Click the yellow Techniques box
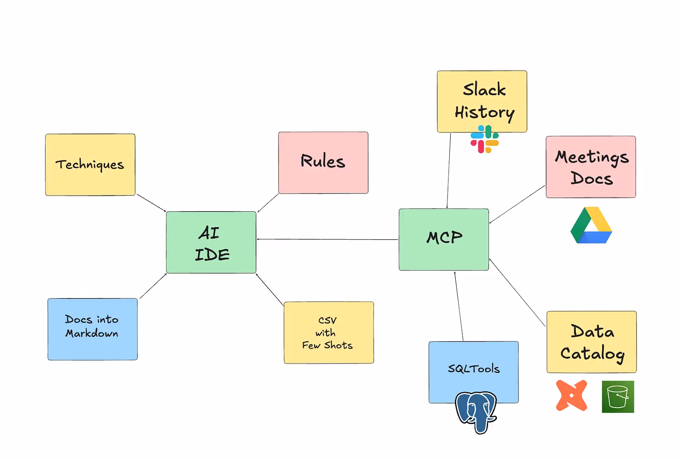[x=90, y=165]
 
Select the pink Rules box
[x=323, y=162]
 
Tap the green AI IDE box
[x=211, y=242]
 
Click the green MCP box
[x=444, y=239]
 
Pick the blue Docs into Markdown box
[x=92, y=329]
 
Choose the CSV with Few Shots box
[x=329, y=332]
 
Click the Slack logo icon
[x=484, y=139]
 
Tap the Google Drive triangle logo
[x=591, y=226]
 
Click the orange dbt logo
[x=571, y=396]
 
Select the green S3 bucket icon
[x=618, y=396]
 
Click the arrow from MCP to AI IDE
[x=327, y=239]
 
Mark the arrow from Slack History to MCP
[x=449, y=170]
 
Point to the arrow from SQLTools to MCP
[x=459, y=306]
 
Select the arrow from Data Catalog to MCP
[x=517, y=292]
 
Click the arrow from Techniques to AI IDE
[x=151, y=203]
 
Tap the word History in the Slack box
[x=484, y=113]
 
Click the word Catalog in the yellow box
[x=592, y=354]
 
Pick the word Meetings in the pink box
[x=592, y=157]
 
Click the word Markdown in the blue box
[x=92, y=334]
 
